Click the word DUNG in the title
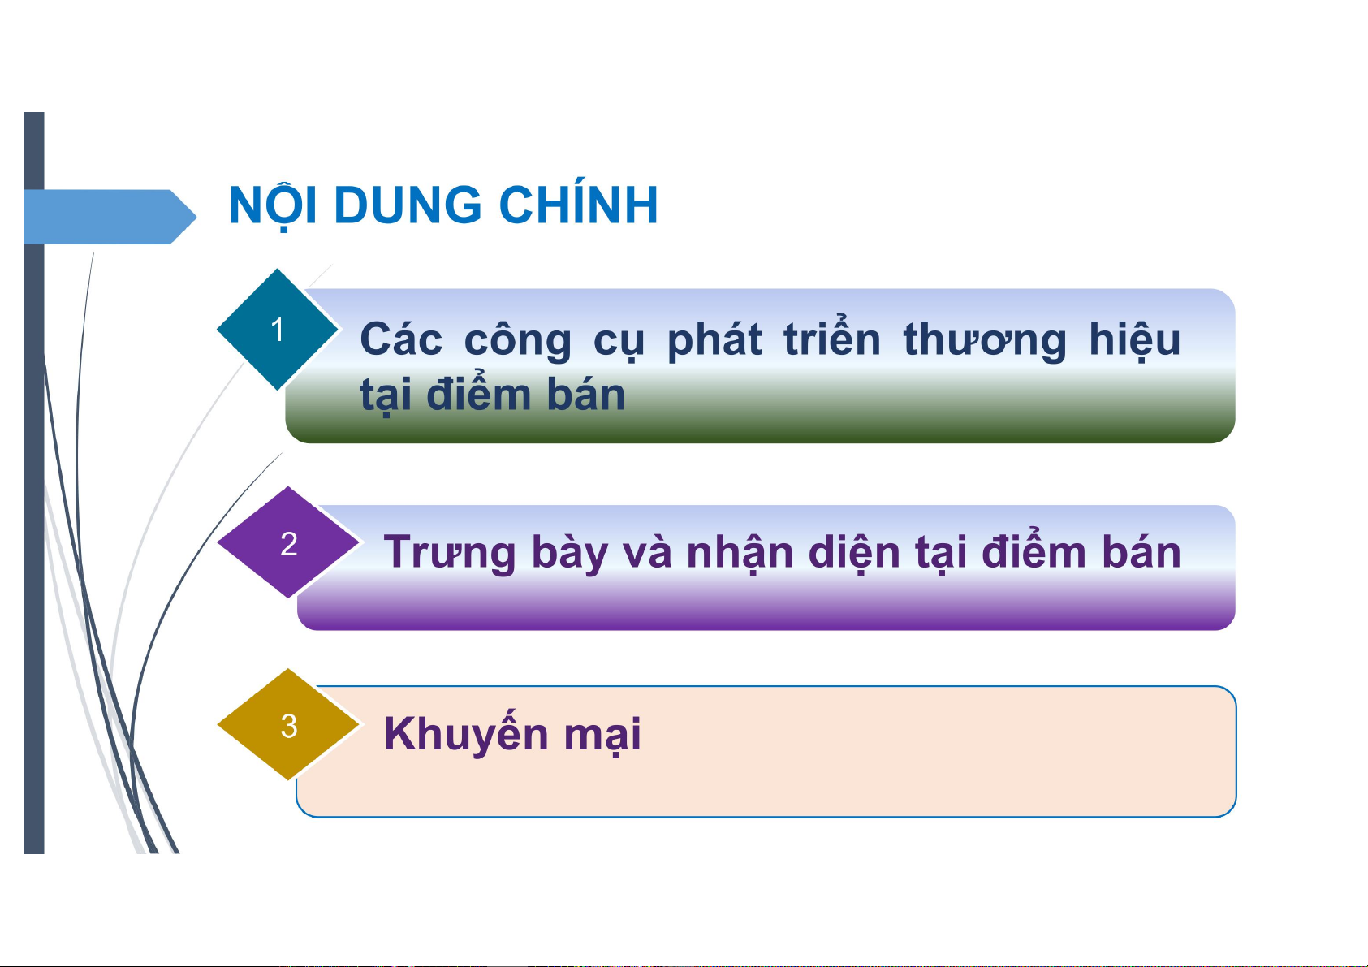(x=408, y=205)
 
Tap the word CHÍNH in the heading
(x=579, y=201)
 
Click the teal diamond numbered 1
(x=278, y=330)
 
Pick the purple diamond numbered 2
(x=288, y=542)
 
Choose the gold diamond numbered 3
(x=288, y=724)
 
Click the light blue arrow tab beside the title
(x=110, y=217)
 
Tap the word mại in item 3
(x=602, y=736)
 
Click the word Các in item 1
(x=401, y=339)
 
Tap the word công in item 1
(x=518, y=340)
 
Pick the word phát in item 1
(x=714, y=339)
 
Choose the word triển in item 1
(x=832, y=337)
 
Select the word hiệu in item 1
(x=1135, y=339)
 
